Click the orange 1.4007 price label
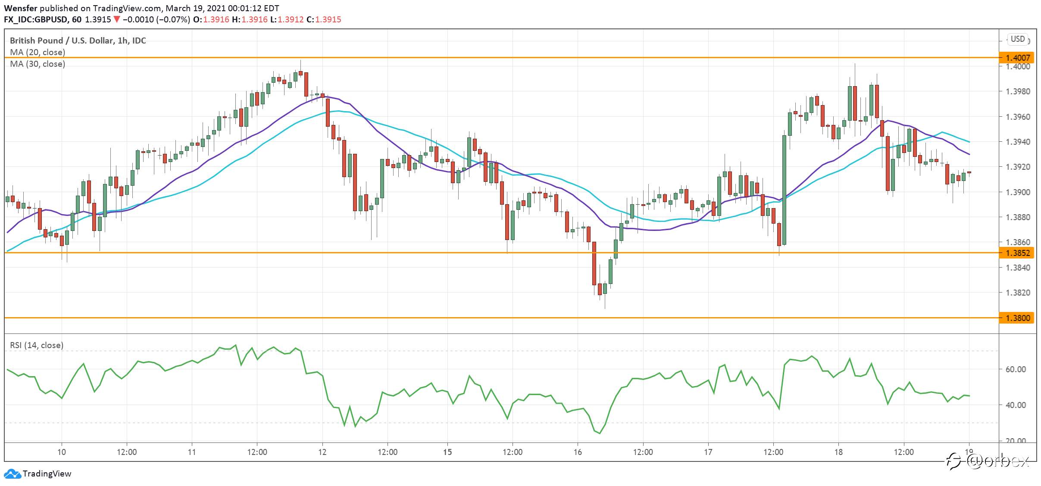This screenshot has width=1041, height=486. click(1017, 58)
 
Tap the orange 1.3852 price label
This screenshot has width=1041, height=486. click(1017, 253)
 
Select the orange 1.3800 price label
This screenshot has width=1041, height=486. click(1017, 318)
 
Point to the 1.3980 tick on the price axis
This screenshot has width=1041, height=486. click(1018, 91)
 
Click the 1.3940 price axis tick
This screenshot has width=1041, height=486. click(1018, 142)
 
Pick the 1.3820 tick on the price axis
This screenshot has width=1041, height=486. click(1018, 293)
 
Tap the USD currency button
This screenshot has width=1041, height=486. click(1018, 39)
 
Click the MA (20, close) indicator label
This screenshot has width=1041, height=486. click(38, 53)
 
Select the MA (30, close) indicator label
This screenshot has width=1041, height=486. click(38, 64)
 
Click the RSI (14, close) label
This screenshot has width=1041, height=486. click(37, 345)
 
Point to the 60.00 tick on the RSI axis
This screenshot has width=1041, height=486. click(1016, 369)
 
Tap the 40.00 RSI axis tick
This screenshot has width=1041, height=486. click(1016, 405)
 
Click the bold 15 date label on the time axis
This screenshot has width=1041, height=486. click(447, 452)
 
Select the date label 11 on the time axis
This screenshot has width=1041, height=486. click(192, 452)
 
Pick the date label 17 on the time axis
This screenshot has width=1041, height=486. click(708, 452)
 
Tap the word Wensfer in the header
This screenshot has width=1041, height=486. click(21, 8)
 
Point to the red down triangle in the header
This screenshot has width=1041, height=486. click(116, 19)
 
